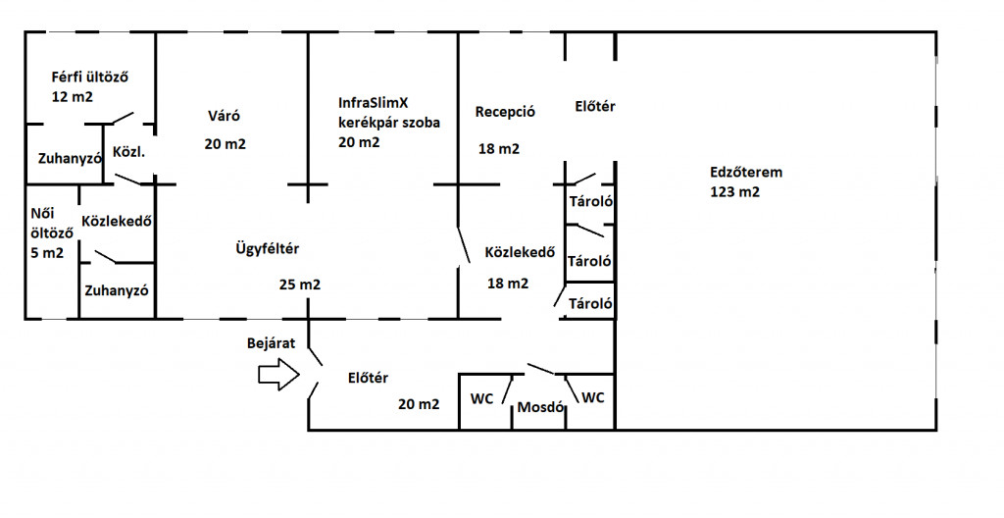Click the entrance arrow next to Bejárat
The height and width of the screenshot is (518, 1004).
(x=278, y=374)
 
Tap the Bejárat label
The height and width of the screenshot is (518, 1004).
(x=271, y=343)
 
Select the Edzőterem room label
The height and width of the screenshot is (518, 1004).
(x=746, y=172)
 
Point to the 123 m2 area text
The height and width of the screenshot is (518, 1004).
(x=734, y=192)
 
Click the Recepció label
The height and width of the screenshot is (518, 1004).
(x=505, y=111)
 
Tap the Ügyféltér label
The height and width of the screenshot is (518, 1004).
(x=267, y=248)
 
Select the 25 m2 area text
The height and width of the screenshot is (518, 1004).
(x=299, y=285)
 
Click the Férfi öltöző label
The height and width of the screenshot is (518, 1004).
(x=91, y=77)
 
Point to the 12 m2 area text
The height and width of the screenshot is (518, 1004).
(x=73, y=97)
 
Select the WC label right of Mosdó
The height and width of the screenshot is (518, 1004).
(x=594, y=397)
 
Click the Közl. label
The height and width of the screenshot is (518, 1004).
(x=129, y=153)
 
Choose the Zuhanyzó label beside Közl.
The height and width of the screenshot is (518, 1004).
(x=71, y=157)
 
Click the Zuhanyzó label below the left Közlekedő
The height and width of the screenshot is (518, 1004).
(x=116, y=290)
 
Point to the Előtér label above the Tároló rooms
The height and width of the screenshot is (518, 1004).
(x=594, y=106)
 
